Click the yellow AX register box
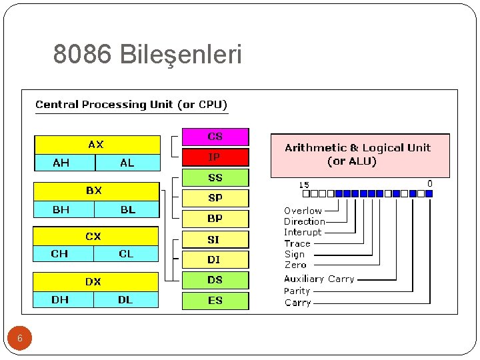(97, 145)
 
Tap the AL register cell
(127, 163)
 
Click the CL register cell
(126, 254)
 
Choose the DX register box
(95, 282)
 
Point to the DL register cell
(125, 300)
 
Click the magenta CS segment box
(215, 137)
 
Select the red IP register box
(215, 157)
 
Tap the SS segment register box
(215, 178)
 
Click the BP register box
(215, 219)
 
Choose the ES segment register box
(215, 301)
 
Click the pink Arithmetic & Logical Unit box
(359, 155)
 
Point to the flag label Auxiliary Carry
(319, 279)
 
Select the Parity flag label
(297, 291)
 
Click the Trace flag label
(297, 243)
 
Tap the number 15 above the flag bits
(304, 185)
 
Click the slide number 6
(20, 339)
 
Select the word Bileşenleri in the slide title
(181, 55)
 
